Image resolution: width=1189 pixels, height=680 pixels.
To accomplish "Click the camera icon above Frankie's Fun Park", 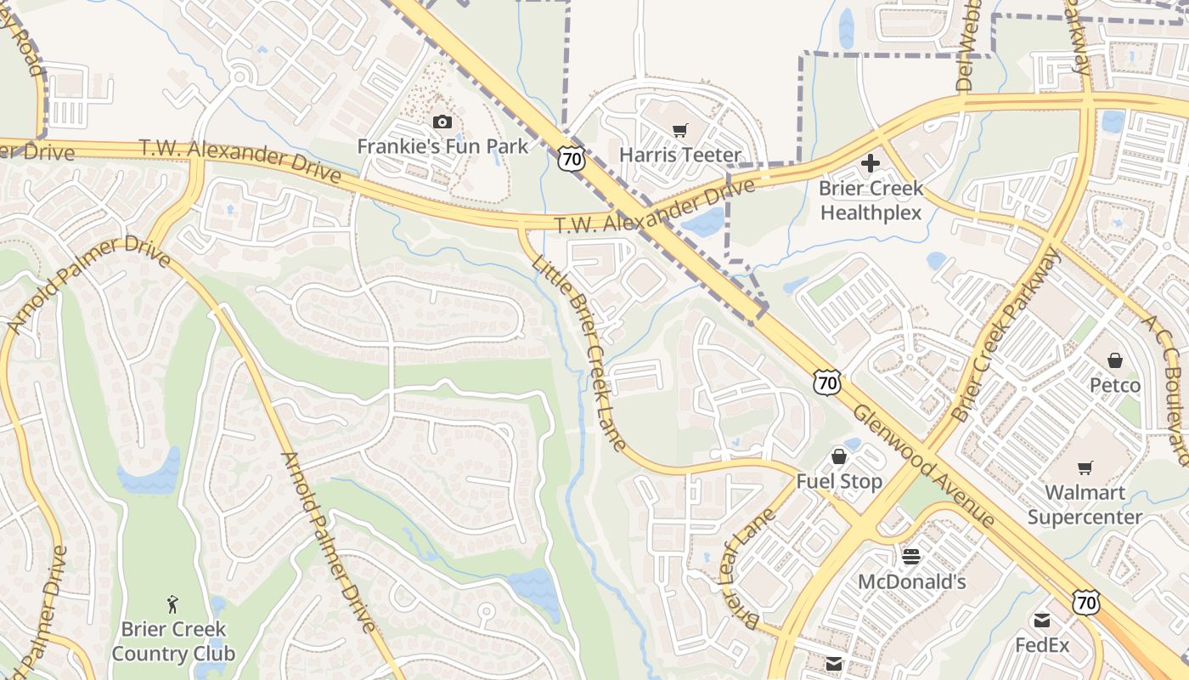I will click(x=442, y=122).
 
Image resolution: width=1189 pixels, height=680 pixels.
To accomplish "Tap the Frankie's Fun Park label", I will click(x=442, y=146).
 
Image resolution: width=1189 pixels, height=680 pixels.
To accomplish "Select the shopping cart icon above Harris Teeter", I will click(x=679, y=130).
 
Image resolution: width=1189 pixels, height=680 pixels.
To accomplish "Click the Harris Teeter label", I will click(x=680, y=155).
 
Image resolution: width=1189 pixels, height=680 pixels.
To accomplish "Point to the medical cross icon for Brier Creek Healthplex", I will click(x=871, y=162).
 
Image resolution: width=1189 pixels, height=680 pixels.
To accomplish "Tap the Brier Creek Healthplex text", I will click(x=871, y=200).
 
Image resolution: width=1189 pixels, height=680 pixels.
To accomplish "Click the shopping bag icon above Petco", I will click(x=1115, y=361).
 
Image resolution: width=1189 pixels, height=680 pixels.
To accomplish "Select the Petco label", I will click(x=1115, y=386).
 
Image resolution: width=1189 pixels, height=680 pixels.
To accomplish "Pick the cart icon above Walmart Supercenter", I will click(x=1085, y=467).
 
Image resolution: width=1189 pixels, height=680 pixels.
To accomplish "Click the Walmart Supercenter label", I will click(x=1085, y=504).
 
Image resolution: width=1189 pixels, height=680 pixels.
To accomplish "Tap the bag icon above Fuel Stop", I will click(x=839, y=457).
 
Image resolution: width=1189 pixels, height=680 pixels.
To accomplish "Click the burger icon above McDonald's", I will click(x=911, y=557).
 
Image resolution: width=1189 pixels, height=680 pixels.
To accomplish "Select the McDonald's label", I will click(x=912, y=581).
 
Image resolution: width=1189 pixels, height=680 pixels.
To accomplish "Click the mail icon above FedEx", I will click(x=1042, y=620).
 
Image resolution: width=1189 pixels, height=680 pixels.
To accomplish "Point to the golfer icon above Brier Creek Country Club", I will click(x=173, y=604).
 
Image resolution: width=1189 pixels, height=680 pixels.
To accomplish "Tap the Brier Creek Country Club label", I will click(x=173, y=641).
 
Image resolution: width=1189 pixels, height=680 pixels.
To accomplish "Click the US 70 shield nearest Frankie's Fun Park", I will click(x=572, y=157).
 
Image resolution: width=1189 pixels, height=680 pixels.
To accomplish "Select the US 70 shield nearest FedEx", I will click(x=1086, y=603).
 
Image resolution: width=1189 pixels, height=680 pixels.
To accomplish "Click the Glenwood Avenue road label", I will click(x=923, y=464).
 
